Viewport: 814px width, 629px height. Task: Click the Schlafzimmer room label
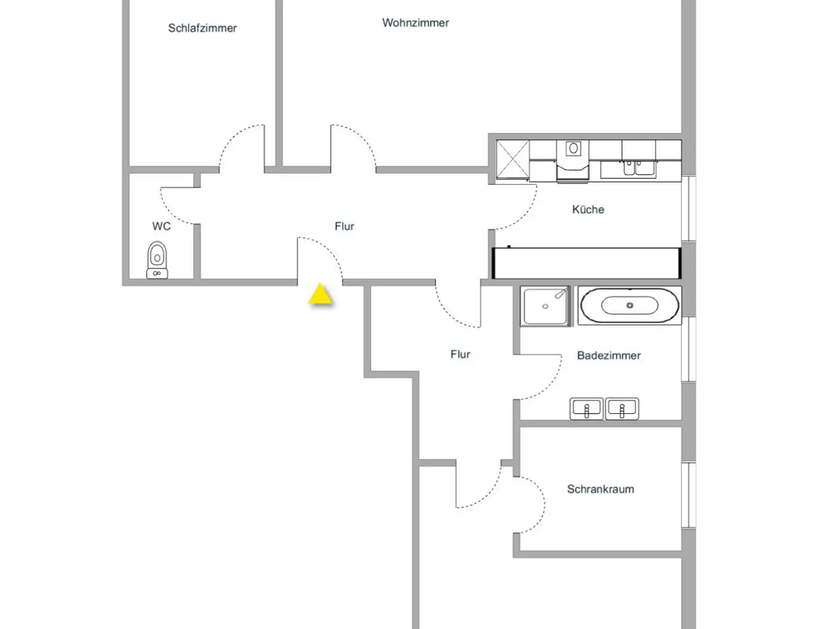tap(202, 28)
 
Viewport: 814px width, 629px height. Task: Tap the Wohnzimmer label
tap(415, 23)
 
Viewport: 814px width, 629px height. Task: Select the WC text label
tap(162, 226)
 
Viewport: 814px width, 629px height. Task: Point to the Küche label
tap(588, 209)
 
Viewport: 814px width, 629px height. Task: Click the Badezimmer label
tap(609, 355)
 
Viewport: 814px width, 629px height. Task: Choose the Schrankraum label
tap(600, 489)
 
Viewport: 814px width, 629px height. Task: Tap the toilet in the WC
tap(157, 260)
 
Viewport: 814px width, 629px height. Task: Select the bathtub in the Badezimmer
tap(630, 305)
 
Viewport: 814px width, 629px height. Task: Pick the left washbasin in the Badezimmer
tap(587, 409)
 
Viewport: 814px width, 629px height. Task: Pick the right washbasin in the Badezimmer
tap(622, 409)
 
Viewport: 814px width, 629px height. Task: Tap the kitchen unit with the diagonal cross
tap(513, 160)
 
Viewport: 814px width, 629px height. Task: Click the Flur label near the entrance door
tap(344, 227)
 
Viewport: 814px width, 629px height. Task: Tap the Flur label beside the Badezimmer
tap(460, 354)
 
